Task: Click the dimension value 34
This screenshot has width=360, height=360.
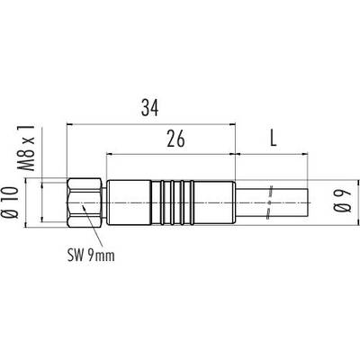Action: tap(149, 108)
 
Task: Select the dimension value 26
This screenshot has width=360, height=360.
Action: tap(175, 139)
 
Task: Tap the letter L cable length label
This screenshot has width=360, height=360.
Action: tap(273, 139)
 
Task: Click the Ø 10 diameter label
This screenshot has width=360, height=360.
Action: tap(9, 202)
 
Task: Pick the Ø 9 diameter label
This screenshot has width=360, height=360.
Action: tap(344, 202)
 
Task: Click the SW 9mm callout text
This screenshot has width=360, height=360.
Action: tap(91, 256)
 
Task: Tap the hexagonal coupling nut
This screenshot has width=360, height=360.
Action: tap(85, 203)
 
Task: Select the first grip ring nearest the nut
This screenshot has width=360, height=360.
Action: tap(162, 202)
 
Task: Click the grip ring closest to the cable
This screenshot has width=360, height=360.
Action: tap(192, 202)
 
